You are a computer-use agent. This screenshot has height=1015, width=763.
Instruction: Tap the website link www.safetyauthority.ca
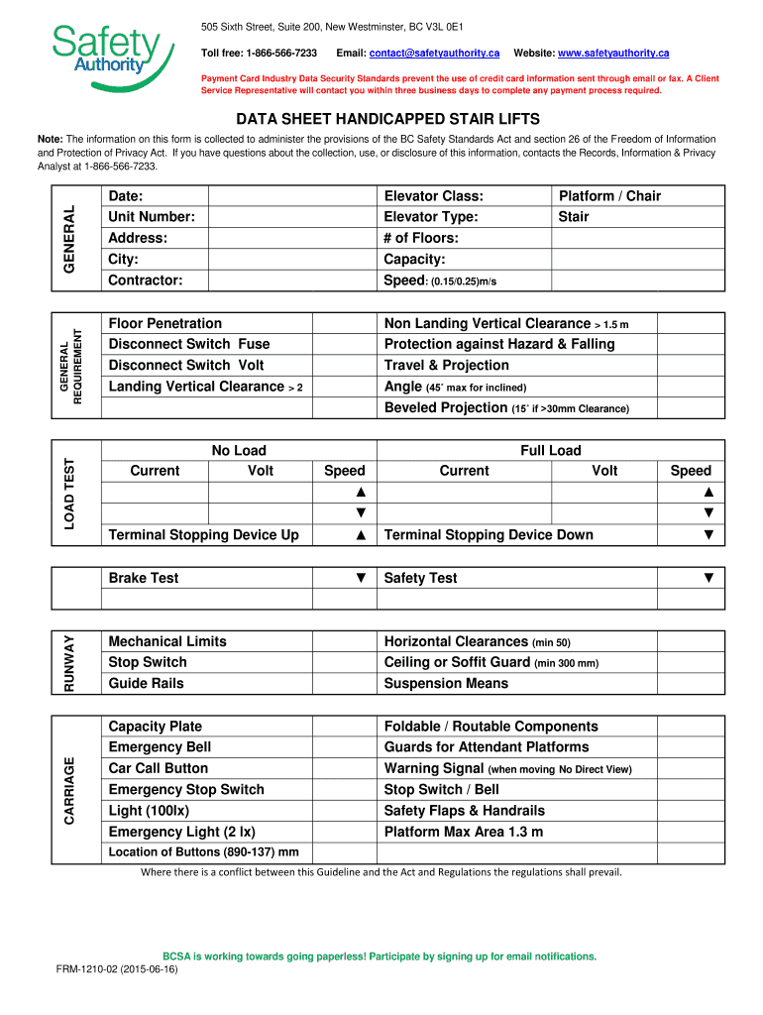click(613, 52)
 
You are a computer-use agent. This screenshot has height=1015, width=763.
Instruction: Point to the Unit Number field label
click(152, 217)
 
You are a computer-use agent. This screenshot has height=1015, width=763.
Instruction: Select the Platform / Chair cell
click(609, 196)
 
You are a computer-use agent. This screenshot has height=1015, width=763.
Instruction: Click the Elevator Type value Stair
click(574, 217)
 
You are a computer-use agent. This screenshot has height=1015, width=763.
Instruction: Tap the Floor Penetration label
click(165, 323)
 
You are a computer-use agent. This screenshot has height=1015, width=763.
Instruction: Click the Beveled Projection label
click(446, 407)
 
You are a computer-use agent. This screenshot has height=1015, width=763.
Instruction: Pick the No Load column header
click(239, 450)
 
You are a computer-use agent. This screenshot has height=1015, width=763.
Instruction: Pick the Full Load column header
click(551, 450)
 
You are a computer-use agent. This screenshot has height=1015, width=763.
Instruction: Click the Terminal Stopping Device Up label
click(203, 535)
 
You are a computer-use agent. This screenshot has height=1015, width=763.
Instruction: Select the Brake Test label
click(144, 578)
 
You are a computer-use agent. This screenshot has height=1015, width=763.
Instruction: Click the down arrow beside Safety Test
click(708, 578)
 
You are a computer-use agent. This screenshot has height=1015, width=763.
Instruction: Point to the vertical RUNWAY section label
click(68, 662)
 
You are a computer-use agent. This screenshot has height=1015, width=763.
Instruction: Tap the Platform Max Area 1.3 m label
click(464, 832)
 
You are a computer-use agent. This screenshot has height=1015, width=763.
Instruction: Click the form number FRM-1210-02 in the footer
click(117, 970)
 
